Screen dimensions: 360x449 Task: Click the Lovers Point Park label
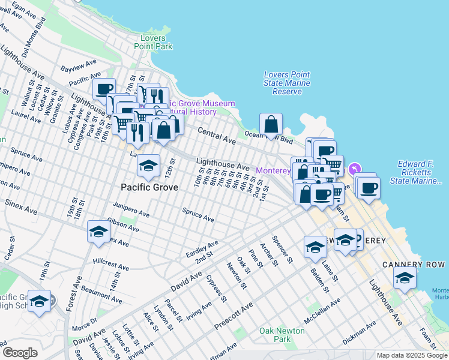pos(153,42)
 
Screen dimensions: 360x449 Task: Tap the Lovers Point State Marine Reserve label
pos(287,83)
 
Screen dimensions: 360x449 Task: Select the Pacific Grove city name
pos(149,187)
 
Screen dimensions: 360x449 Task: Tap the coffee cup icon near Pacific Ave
pos(104,89)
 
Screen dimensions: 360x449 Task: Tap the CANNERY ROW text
pos(414,265)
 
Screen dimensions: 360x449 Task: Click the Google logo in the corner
pos(20,353)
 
